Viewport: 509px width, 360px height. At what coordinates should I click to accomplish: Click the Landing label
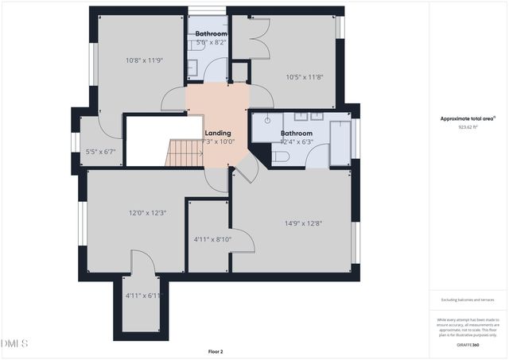tap(217, 133)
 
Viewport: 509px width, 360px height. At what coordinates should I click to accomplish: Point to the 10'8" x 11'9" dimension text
tap(143, 61)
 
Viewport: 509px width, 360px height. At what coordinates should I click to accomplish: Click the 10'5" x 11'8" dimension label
tap(303, 77)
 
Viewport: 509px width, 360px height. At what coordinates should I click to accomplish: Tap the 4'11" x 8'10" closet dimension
tap(212, 239)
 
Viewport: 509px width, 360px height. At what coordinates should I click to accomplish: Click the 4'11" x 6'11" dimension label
tap(143, 296)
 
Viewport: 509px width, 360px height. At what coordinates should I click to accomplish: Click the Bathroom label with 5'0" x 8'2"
tap(212, 34)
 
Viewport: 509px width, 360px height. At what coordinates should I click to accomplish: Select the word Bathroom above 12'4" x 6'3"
tap(296, 134)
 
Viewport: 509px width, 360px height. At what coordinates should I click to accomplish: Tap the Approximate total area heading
tap(468, 118)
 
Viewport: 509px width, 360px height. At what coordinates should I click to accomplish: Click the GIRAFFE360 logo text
tap(468, 345)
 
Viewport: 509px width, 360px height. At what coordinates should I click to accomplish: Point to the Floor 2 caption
tap(216, 350)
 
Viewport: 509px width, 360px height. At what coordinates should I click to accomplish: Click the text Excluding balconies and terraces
tap(468, 299)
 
